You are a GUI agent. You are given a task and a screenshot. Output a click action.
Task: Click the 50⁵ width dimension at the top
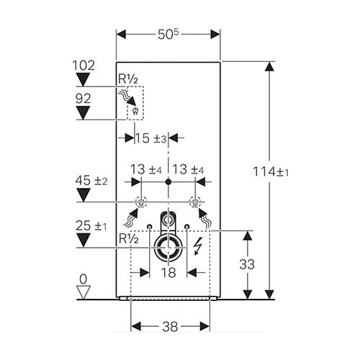point(168,35)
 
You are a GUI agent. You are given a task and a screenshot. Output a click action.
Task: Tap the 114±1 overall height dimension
point(271,172)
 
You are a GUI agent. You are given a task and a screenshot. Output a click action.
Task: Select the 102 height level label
point(84,66)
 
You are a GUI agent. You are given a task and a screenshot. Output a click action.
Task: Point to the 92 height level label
point(83,99)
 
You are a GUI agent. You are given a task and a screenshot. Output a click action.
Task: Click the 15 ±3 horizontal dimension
point(151,138)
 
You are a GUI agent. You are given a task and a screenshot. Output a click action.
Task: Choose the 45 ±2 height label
point(91,181)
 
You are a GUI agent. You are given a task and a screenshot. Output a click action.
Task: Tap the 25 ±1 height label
point(91,226)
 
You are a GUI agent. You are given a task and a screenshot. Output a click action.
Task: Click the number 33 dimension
point(247,264)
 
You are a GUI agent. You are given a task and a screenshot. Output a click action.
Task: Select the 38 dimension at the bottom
point(170,327)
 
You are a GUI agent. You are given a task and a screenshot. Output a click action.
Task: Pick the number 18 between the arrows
point(168,273)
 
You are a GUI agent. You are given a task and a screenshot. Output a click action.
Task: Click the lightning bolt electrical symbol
point(197,247)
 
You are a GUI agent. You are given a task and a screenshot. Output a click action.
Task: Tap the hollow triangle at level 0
point(83,292)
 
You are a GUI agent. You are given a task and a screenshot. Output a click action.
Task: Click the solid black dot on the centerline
point(168,181)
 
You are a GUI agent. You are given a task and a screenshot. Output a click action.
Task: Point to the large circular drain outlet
point(168,247)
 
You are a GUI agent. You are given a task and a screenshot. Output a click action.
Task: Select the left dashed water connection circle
point(141,202)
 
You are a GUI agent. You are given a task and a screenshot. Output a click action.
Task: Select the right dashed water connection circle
point(195,202)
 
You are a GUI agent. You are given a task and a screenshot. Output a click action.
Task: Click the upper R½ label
point(128,79)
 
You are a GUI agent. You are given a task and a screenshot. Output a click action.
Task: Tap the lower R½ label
point(129,239)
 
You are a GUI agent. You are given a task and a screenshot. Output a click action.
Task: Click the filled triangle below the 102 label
point(83,79)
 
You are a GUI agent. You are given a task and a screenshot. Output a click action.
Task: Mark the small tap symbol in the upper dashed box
point(135,112)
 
